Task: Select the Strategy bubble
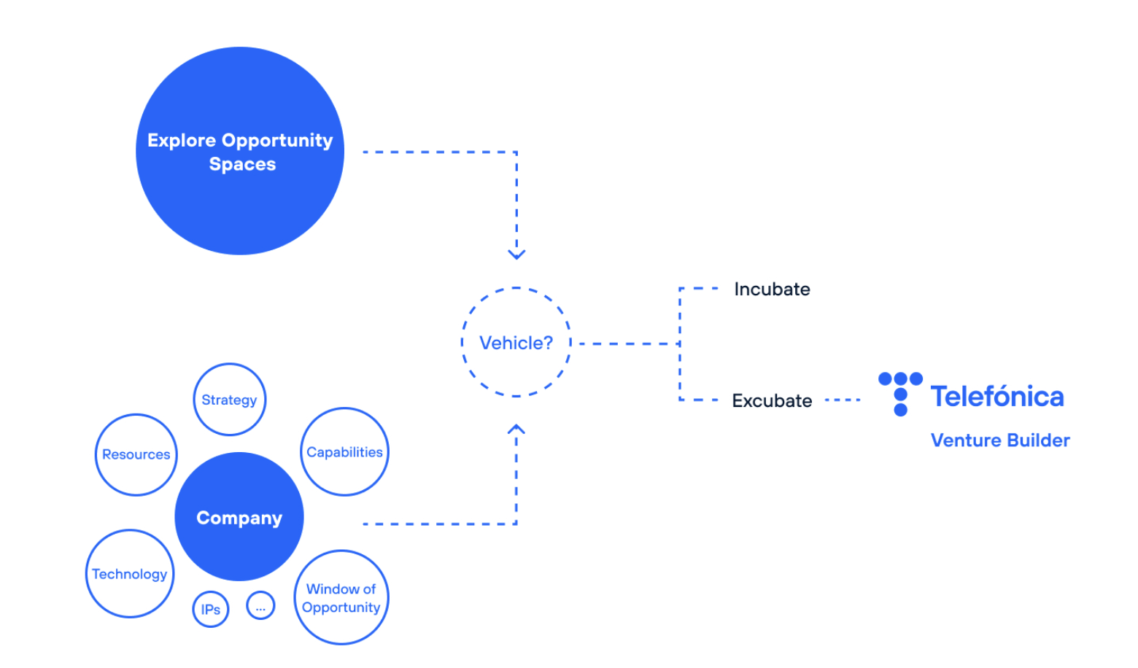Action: click(230, 400)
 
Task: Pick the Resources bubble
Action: click(136, 454)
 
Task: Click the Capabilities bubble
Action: click(344, 452)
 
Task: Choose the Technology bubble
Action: click(130, 574)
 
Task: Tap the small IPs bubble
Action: click(211, 609)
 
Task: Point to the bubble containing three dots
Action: click(260, 605)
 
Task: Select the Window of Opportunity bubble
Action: click(341, 597)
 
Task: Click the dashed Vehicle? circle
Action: click(516, 343)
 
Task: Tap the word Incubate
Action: click(772, 290)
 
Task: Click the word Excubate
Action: click(772, 401)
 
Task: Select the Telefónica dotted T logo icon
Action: click(900, 393)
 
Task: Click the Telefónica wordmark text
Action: click(997, 397)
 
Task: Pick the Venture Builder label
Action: click(1000, 440)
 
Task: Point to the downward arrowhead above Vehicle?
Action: click(516, 254)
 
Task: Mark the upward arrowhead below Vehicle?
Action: click(516, 430)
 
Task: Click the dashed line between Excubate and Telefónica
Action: click(843, 400)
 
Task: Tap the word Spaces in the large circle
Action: click(242, 164)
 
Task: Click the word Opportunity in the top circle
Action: click(276, 140)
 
